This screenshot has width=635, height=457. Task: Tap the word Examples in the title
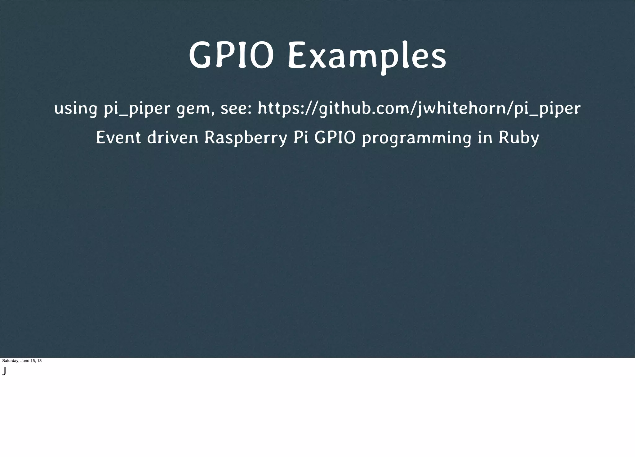click(x=367, y=56)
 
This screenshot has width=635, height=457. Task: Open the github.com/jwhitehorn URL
click(x=419, y=108)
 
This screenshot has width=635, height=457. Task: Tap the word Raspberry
click(x=246, y=138)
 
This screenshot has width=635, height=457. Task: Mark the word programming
click(x=416, y=138)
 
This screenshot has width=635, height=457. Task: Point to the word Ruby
click(x=519, y=138)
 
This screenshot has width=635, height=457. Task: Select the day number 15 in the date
click(x=32, y=361)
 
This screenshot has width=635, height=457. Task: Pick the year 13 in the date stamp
click(x=39, y=361)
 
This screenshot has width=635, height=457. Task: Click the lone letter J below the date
click(x=4, y=370)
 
